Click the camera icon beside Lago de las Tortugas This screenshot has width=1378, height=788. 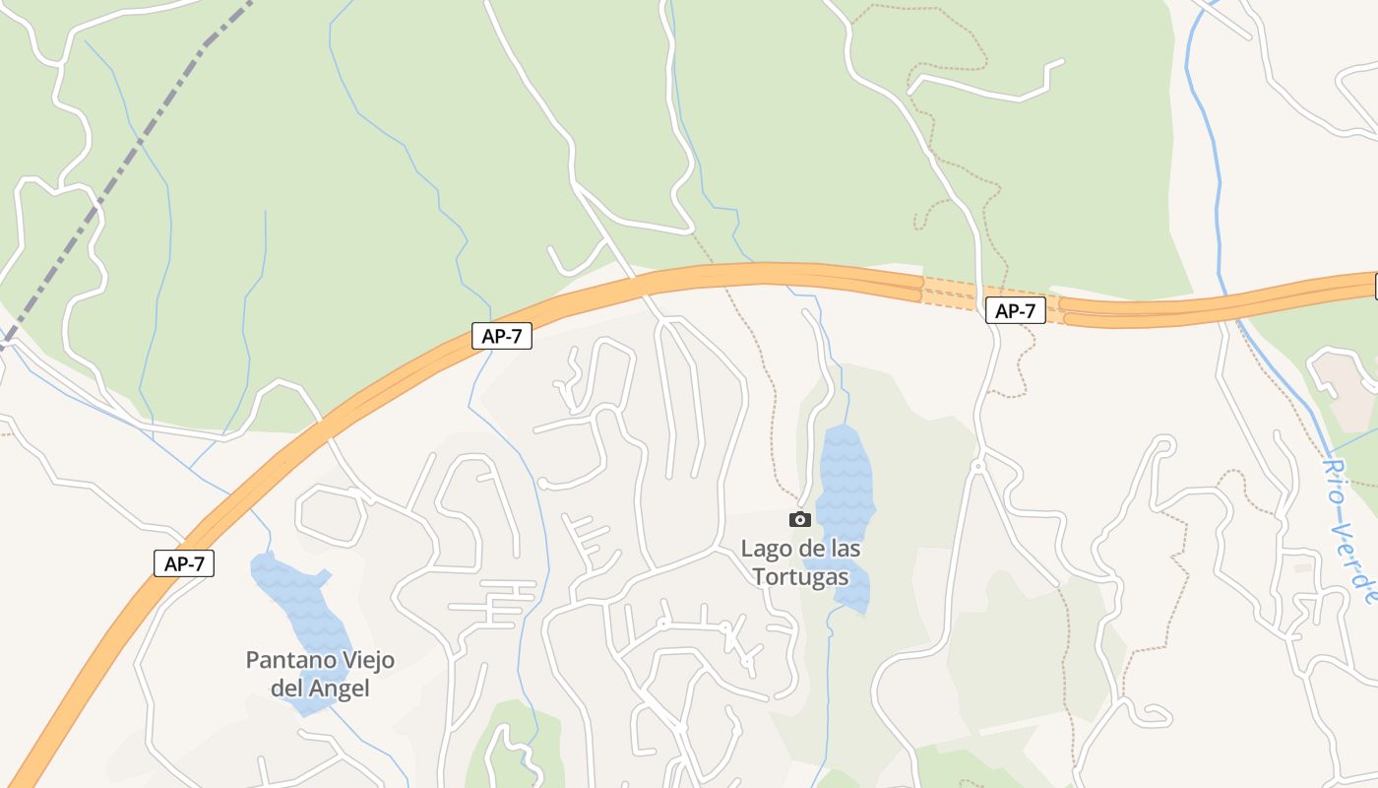coord(800,519)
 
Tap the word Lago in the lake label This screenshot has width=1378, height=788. coord(764,549)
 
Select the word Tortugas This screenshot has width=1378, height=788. coord(800,576)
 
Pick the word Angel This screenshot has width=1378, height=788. coord(339,689)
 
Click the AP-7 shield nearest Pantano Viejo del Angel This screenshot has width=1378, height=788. coord(184,564)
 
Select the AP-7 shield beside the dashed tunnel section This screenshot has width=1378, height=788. coord(1015,311)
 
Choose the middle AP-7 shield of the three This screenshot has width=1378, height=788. coord(501,336)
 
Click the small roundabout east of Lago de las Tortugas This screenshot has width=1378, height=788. coord(978,465)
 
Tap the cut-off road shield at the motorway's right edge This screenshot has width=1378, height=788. coord(1375,287)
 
